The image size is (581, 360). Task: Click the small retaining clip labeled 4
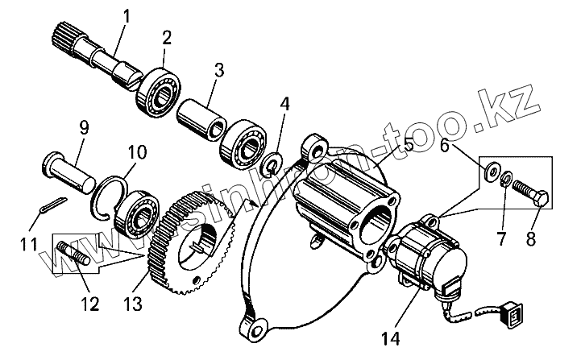(x=272, y=165)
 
